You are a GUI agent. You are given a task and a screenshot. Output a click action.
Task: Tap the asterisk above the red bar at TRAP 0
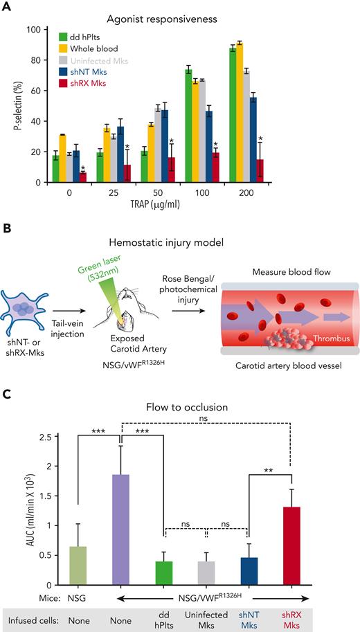click(83, 168)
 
